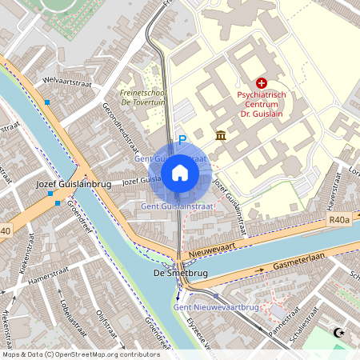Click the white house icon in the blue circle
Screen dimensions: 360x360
tap(180, 172)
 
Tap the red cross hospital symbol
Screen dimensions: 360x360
tap(262, 82)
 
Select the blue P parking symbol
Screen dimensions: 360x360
tap(182, 139)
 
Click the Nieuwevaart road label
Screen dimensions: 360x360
tap(211, 250)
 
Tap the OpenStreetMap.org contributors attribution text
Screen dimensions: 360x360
tap(104, 354)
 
